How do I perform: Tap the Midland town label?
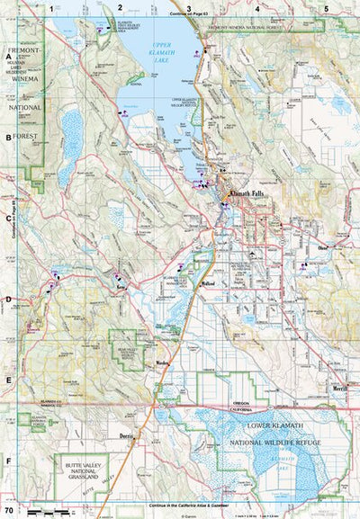point(208,283)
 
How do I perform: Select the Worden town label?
point(163,362)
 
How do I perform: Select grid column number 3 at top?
point(189,8)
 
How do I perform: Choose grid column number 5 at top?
point(326,8)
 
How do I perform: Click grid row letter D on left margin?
point(7,300)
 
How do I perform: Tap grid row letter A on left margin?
point(7,56)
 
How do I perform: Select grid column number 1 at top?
point(52,8)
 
